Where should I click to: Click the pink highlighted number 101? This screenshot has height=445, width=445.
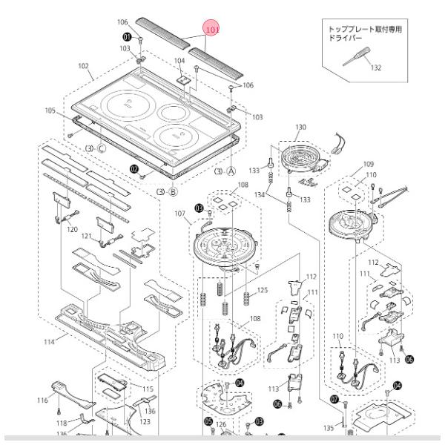click(213, 30)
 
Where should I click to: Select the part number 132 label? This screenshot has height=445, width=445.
click(376, 67)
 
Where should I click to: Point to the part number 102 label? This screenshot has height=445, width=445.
click(84, 65)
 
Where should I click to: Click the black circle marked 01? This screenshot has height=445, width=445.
click(127, 37)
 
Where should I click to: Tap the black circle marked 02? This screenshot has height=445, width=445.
click(134, 169)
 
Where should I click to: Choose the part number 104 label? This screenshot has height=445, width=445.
click(179, 60)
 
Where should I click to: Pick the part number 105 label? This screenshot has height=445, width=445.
click(50, 111)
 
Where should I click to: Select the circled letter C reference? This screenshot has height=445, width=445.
click(102, 148)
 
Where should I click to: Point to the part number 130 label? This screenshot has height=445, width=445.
click(300, 128)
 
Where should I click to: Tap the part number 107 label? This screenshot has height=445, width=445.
click(180, 214)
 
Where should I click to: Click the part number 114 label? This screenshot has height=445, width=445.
click(49, 341)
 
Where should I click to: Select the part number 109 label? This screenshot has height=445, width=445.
click(368, 163)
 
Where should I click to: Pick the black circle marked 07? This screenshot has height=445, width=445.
click(334, 399)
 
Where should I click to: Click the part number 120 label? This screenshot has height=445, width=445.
click(72, 230)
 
